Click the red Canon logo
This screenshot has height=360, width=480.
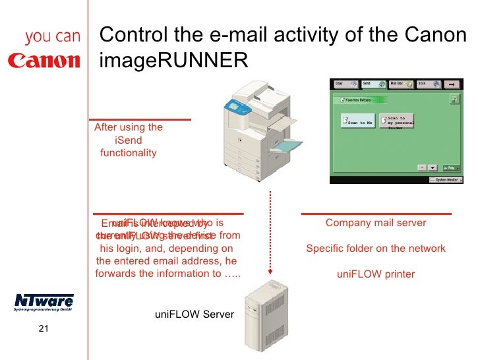(x=44, y=61)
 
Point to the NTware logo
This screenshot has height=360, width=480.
(x=44, y=302)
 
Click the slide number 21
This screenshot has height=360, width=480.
(x=44, y=330)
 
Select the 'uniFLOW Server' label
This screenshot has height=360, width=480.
(x=194, y=315)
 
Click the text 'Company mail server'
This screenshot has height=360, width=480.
(x=376, y=223)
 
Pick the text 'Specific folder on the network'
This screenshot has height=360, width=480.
(x=376, y=249)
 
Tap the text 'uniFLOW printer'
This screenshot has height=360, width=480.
(x=376, y=274)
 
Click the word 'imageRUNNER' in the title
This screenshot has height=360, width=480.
(x=173, y=61)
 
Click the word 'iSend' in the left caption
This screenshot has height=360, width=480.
(x=128, y=140)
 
